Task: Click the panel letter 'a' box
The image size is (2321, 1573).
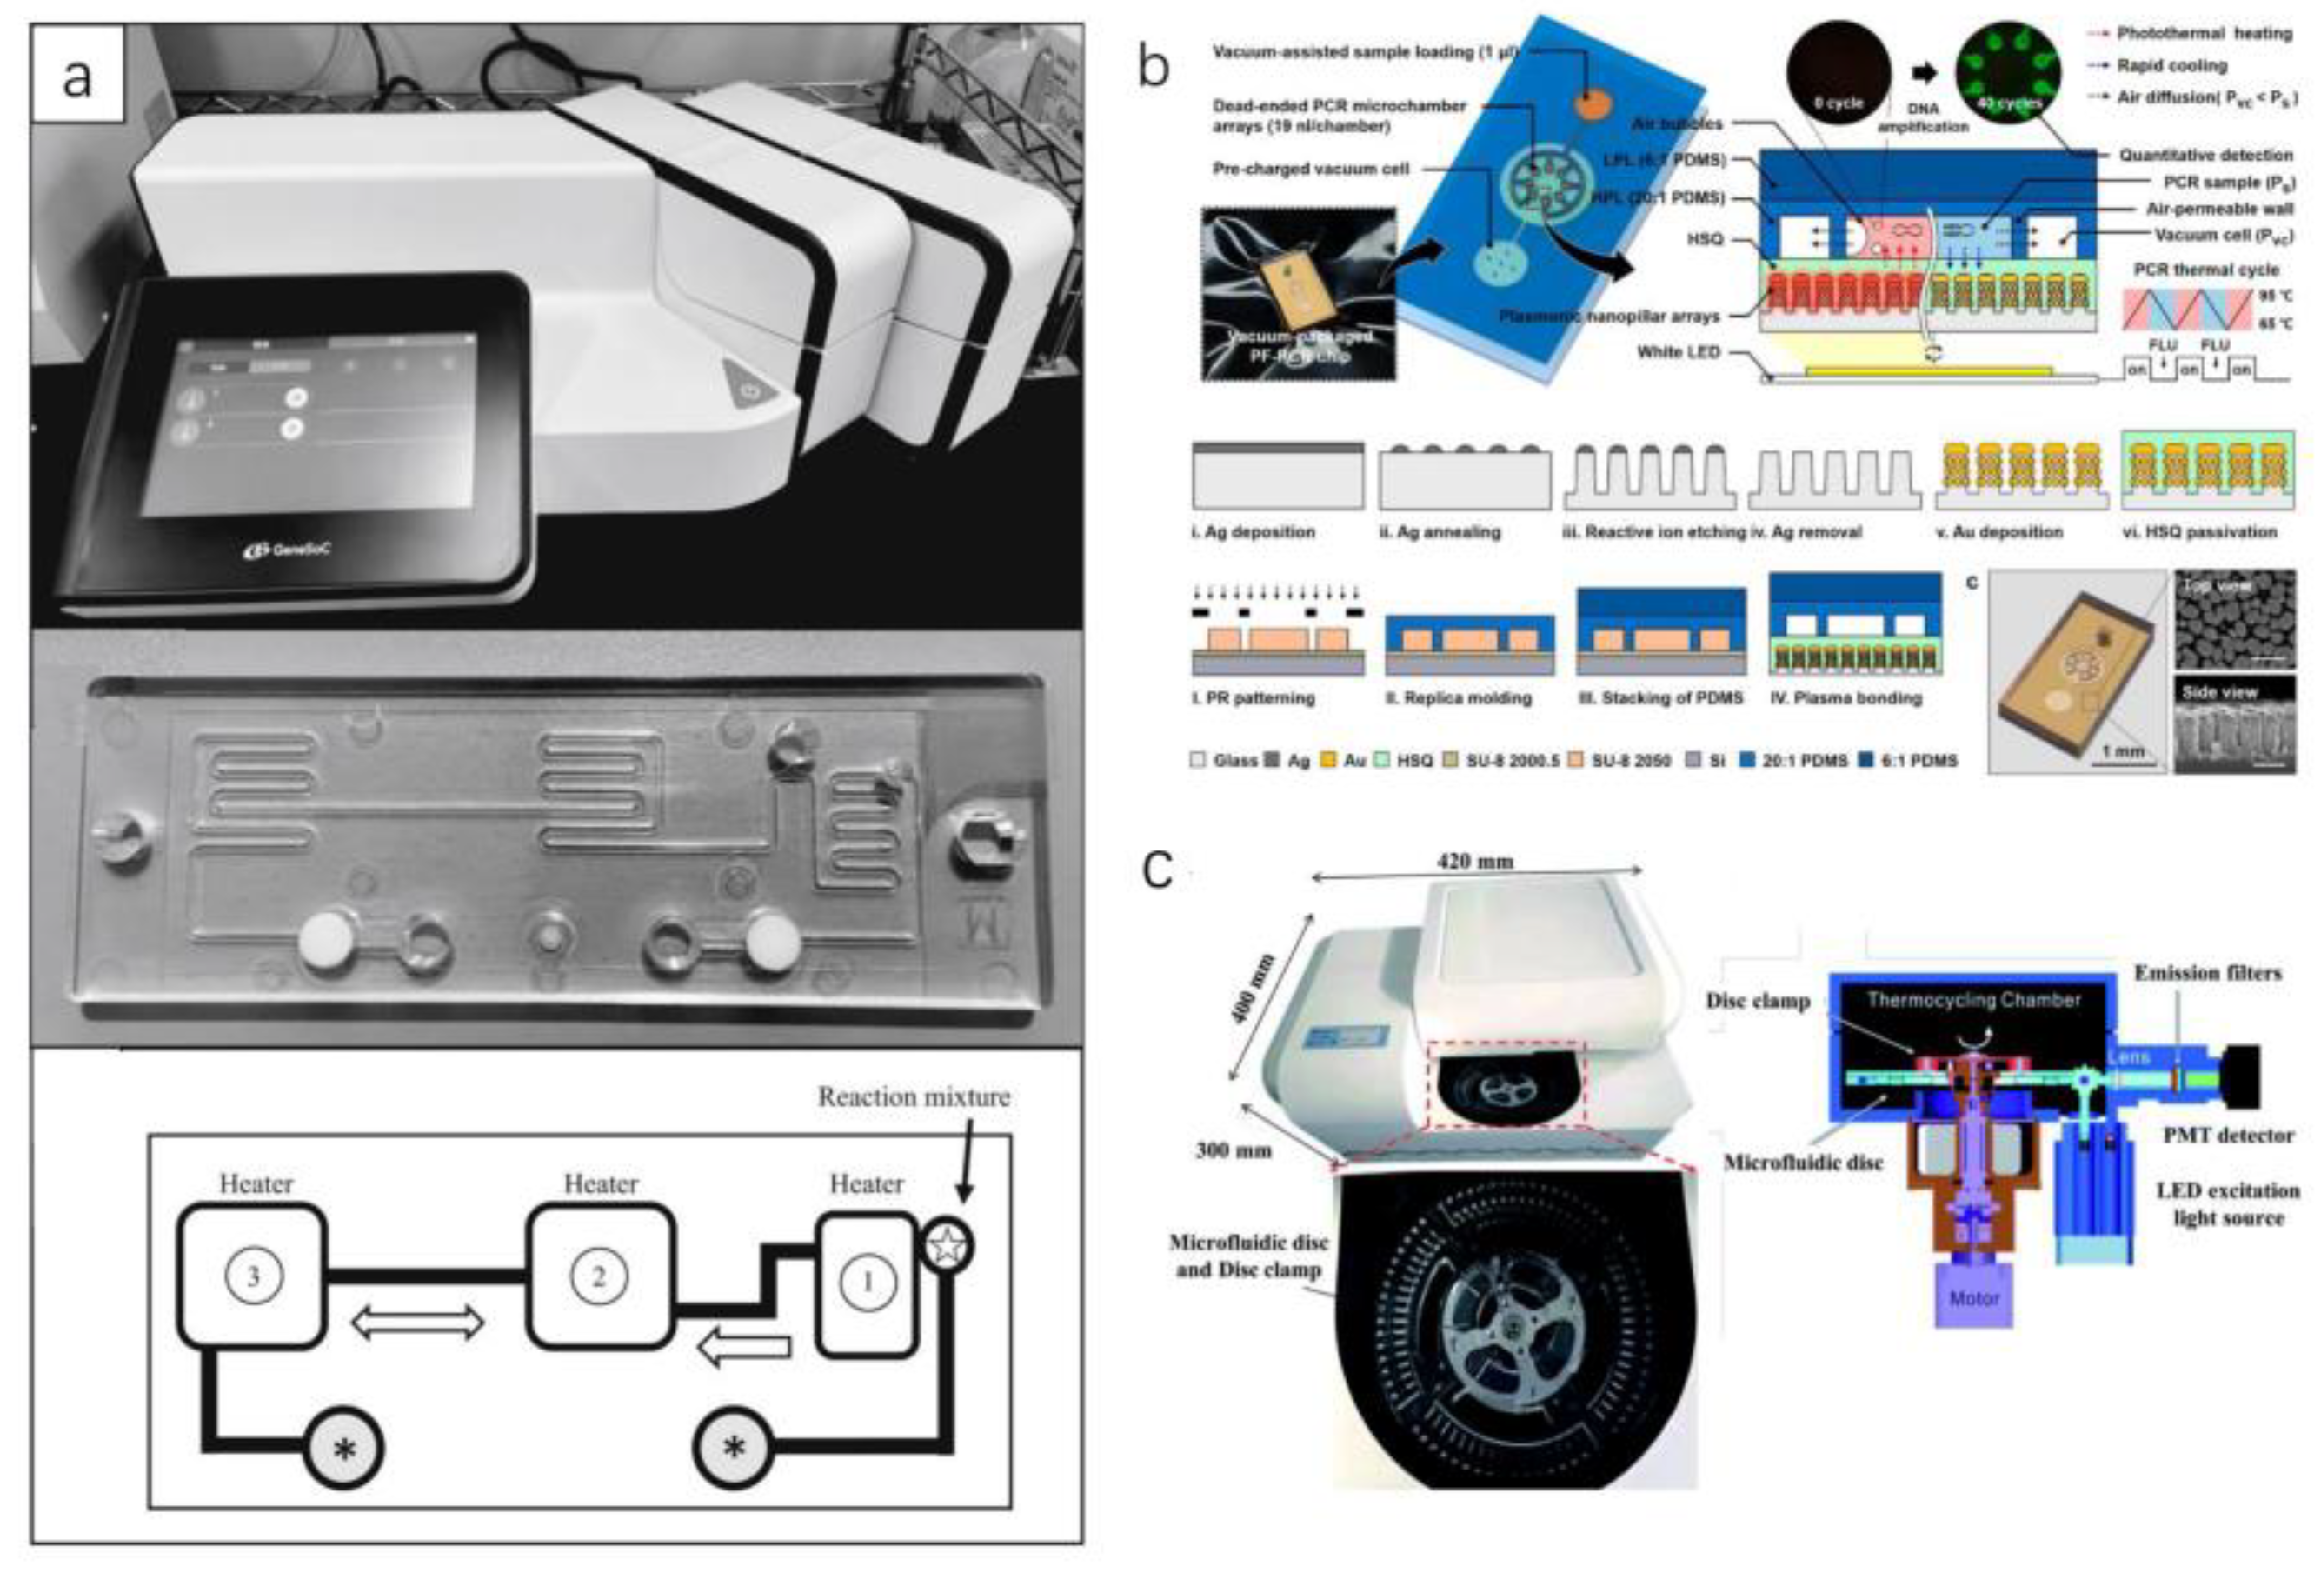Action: pyautogui.click(x=78, y=75)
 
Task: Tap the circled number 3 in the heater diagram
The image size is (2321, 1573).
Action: pyautogui.click(x=253, y=1276)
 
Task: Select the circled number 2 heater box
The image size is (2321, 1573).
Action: pyautogui.click(x=599, y=1276)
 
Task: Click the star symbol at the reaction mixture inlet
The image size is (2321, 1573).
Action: pyautogui.click(x=945, y=1245)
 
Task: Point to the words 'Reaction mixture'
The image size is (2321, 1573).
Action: pyautogui.click(x=913, y=1096)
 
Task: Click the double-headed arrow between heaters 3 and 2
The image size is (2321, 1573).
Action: pyautogui.click(x=417, y=1324)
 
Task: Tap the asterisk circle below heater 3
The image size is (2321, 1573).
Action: pyautogui.click(x=344, y=1450)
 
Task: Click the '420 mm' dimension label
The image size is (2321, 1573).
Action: pyautogui.click(x=1474, y=861)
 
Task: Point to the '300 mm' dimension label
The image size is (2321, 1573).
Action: pyautogui.click(x=1233, y=1150)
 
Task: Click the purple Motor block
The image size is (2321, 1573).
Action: pyautogui.click(x=1973, y=1297)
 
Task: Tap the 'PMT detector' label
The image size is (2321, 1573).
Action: pyautogui.click(x=2227, y=1135)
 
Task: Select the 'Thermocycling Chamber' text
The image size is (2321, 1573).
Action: pyautogui.click(x=1973, y=1000)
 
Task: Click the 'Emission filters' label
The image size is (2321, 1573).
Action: pyautogui.click(x=2207, y=973)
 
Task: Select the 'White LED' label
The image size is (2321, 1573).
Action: pyautogui.click(x=1678, y=352)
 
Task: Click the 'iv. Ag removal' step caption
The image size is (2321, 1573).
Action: pyautogui.click(x=1807, y=532)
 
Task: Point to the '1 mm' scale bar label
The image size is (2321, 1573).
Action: pyautogui.click(x=2121, y=751)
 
